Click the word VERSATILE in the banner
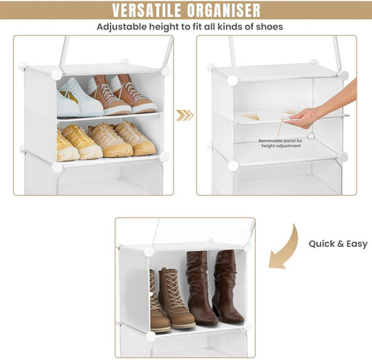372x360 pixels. point(146,10)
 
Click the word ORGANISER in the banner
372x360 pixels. point(224,10)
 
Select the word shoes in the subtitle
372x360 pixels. point(270,26)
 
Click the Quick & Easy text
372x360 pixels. point(338,244)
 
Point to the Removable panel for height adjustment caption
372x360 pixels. point(281,143)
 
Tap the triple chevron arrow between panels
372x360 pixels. point(184,115)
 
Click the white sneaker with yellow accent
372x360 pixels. point(80,98)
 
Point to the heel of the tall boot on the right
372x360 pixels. point(216,310)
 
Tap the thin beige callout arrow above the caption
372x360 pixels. point(280,129)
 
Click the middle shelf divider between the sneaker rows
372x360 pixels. point(111,117)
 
